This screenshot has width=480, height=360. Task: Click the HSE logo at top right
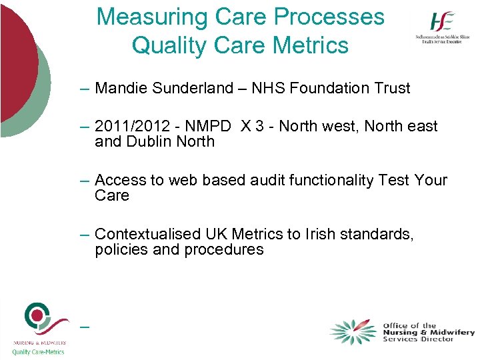click(441, 29)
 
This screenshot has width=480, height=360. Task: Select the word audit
click(269, 181)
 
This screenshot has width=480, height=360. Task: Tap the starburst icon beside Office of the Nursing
click(353, 331)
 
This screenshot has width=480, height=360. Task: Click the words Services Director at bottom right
click(419, 339)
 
